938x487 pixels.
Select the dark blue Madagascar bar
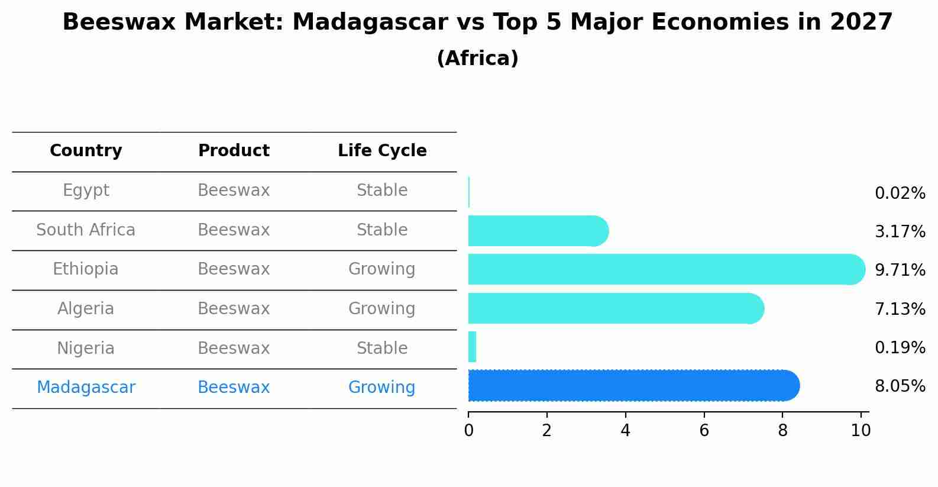tap(633, 386)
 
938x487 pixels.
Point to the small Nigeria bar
tap(472, 347)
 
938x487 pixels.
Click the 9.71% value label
tap(900, 270)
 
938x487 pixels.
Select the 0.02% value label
tap(900, 193)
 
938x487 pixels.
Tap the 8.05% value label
tap(900, 386)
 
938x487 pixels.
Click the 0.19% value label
tap(900, 347)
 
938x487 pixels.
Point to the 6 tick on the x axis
tap(704, 431)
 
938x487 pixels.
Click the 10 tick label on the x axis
tap(861, 431)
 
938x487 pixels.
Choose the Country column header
tap(86, 151)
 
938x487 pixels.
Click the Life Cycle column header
tap(382, 151)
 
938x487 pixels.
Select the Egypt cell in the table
tap(86, 191)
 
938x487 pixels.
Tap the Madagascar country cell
tap(86, 388)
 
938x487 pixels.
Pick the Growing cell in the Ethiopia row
tap(381, 269)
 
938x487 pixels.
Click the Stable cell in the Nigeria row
tap(381, 348)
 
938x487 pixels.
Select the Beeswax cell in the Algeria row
tap(234, 308)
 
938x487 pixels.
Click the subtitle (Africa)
tap(477, 59)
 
